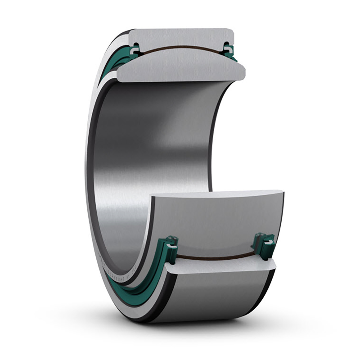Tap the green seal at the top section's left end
coord(134,51)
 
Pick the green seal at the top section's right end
coord(229,50)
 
